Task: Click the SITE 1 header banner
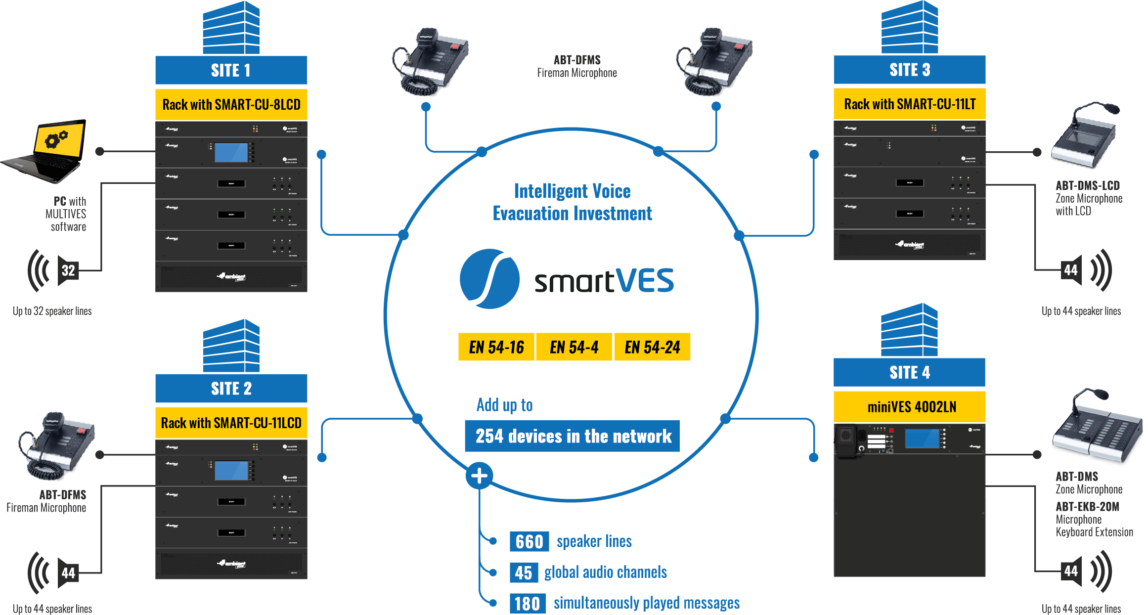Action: pyautogui.click(x=231, y=71)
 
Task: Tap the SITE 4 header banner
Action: pyautogui.click(x=909, y=372)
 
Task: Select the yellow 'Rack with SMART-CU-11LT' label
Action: pyautogui.click(x=909, y=104)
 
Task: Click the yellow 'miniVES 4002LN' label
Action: pyautogui.click(x=909, y=407)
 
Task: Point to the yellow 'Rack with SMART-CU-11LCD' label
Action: pyautogui.click(x=231, y=423)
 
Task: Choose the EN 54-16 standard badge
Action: pyautogui.click(x=496, y=347)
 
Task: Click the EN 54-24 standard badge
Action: pyautogui.click(x=652, y=347)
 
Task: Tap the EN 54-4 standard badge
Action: pyautogui.click(x=574, y=347)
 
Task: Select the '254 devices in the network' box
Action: pyautogui.click(x=573, y=436)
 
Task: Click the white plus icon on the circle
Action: pyautogui.click(x=479, y=476)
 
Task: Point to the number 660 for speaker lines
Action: pyautogui.click(x=529, y=541)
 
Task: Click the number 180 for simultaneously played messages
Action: pyautogui.click(x=527, y=604)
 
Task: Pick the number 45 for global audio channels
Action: pyautogui.click(x=524, y=572)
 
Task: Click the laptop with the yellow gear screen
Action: pyautogui.click(x=47, y=151)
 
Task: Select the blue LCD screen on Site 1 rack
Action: pyautogui.click(x=231, y=153)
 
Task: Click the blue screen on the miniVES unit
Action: pyautogui.click(x=922, y=438)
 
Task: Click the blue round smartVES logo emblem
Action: pyautogui.click(x=489, y=279)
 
